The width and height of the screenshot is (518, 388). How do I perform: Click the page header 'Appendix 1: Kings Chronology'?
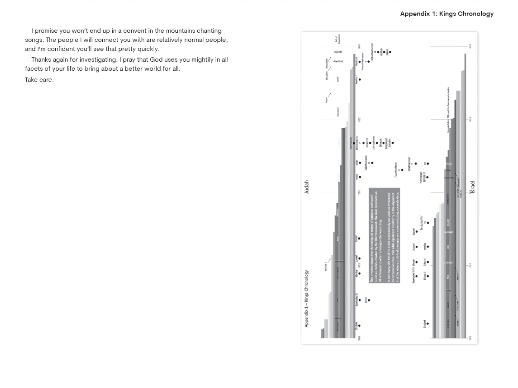click(x=447, y=14)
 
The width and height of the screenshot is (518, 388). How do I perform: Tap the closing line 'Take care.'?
click(x=39, y=80)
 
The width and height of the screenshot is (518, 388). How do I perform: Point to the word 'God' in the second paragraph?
click(x=155, y=59)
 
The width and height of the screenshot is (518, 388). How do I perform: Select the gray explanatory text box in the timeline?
click(x=385, y=235)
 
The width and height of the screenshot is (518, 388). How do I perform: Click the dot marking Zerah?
click(x=369, y=300)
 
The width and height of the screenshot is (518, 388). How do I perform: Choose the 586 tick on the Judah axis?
click(x=359, y=338)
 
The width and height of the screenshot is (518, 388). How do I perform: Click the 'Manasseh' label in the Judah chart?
click(x=338, y=112)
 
